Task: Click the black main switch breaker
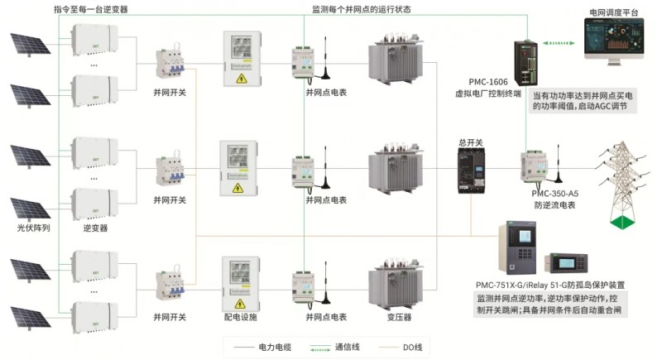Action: pyautogui.click(x=470, y=171)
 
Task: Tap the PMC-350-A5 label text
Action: pyautogui.click(x=554, y=193)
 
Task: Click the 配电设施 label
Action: pyautogui.click(x=241, y=317)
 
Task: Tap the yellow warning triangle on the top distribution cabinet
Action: pyautogui.click(x=241, y=79)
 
